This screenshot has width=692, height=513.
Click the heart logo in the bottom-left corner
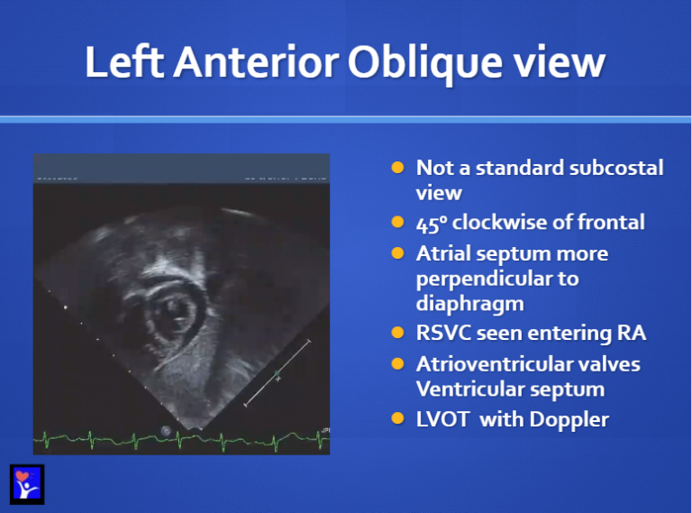tap(26, 482)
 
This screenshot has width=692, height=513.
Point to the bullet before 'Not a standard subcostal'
tap(397, 168)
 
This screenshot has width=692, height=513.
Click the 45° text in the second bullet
tap(431, 223)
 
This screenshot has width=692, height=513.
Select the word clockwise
tap(499, 223)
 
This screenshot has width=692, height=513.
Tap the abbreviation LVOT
tap(442, 418)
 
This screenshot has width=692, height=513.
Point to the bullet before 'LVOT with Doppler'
tap(397, 418)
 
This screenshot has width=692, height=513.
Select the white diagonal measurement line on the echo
tap(278, 372)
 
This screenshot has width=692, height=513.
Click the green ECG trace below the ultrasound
tap(180, 441)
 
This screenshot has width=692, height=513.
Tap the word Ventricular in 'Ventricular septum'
tap(468, 389)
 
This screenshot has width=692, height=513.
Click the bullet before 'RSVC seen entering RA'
tap(397, 334)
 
